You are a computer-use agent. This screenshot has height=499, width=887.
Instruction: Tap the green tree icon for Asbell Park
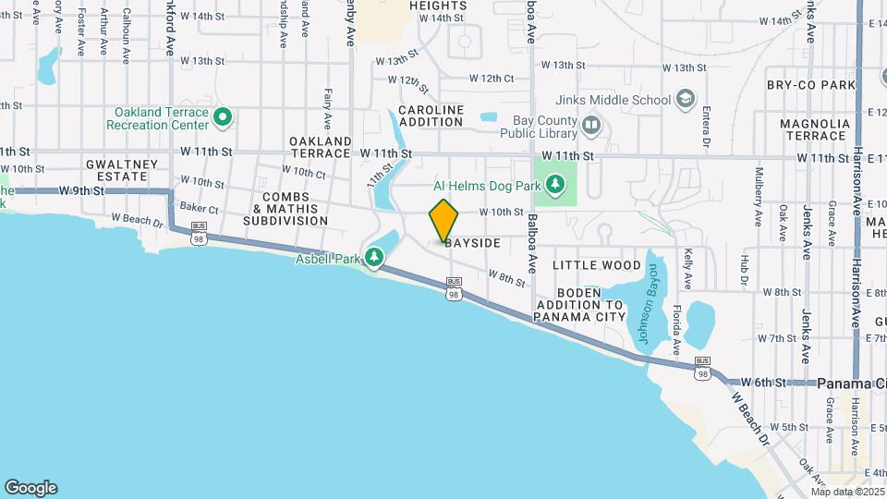[x=374, y=256]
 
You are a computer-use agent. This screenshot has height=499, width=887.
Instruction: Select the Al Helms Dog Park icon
[x=554, y=185]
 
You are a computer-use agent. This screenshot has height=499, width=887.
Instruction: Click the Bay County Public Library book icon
[x=591, y=123]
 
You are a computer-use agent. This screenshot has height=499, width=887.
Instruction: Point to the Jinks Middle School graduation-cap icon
[x=686, y=98]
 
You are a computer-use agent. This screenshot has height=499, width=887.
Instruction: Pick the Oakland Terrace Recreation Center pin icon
[x=222, y=117]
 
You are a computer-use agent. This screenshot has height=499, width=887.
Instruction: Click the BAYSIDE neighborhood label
[x=472, y=243]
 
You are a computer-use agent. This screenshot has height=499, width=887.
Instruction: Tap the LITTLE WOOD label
[x=596, y=265]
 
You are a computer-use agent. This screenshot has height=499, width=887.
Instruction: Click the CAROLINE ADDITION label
[x=431, y=116]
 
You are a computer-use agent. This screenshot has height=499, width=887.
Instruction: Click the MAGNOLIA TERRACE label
[x=813, y=129]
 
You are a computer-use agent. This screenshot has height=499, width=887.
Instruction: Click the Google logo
[x=30, y=488]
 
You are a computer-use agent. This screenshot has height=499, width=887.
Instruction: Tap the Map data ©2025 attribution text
[x=846, y=492]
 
